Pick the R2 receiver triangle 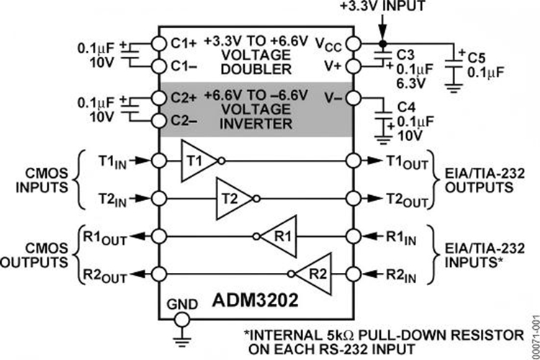click(314, 273)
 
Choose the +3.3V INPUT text click(382, 7)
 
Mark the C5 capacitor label click(475, 56)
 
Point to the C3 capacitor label click(404, 55)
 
